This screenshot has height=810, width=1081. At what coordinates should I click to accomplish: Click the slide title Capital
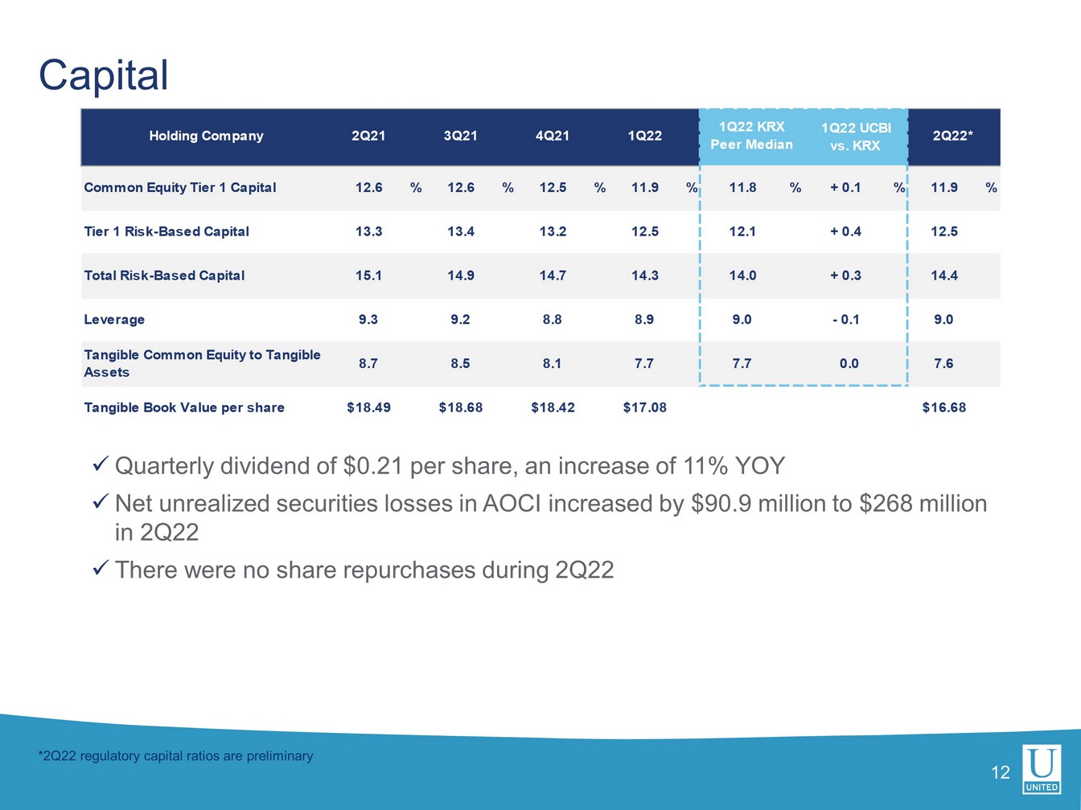(x=104, y=76)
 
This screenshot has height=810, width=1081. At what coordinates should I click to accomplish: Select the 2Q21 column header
(x=368, y=136)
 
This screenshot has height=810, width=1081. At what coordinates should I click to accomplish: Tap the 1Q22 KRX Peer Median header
(x=751, y=136)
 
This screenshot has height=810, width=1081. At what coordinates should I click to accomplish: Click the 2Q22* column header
(x=952, y=136)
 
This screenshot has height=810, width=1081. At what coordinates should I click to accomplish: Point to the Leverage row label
(x=114, y=320)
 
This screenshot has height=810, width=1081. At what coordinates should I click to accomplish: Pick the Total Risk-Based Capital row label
(x=164, y=276)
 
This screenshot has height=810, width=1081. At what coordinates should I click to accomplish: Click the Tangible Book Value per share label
(x=184, y=407)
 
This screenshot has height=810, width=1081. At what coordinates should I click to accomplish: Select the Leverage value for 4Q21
(x=552, y=320)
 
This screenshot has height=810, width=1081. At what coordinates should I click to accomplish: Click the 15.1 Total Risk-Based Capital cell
(x=368, y=276)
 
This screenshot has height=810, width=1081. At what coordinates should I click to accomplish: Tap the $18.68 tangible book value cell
(x=460, y=407)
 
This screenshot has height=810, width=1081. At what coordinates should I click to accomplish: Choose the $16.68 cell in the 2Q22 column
(x=943, y=407)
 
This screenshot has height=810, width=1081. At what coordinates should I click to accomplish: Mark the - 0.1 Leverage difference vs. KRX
(x=845, y=320)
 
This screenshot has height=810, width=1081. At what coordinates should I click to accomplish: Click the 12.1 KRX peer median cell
(x=742, y=231)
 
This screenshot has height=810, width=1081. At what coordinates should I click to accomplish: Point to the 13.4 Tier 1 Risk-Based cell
(x=460, y=231)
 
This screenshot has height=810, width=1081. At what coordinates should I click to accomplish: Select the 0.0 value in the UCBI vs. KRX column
(x=849, y=363)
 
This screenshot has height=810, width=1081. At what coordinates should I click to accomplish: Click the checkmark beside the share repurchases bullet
(x=101, y=569)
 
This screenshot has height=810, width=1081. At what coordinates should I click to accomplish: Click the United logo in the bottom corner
(x=1042, y=769)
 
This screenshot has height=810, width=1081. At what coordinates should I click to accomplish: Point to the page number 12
(x=1000, y=773)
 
